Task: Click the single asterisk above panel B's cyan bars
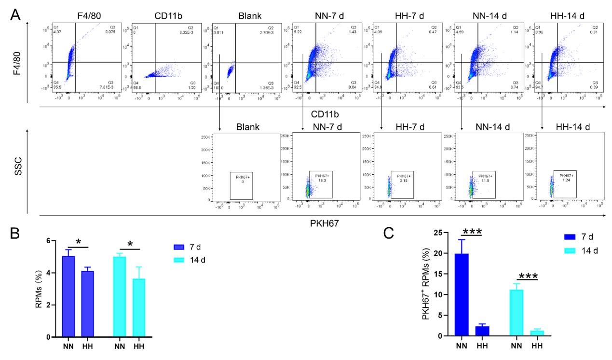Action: click(129, 243)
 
